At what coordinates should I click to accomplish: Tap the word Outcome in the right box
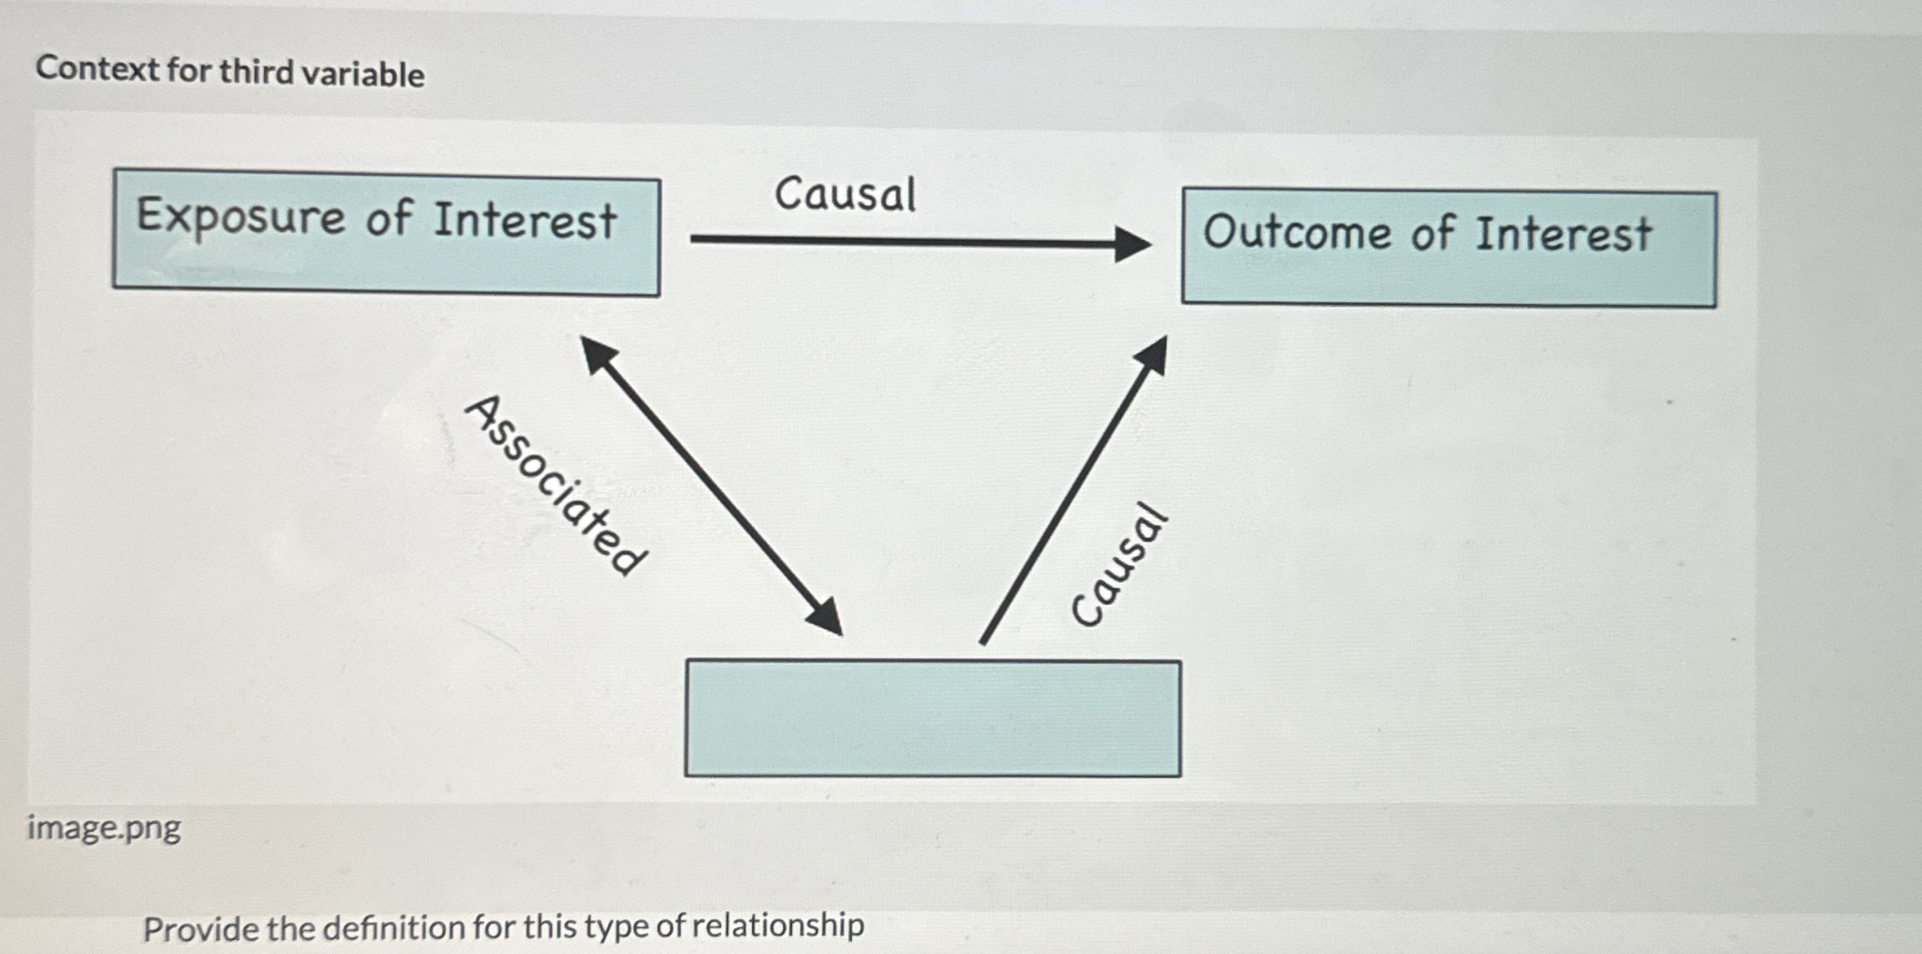(1298, 231)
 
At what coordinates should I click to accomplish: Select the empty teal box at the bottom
(932, 718)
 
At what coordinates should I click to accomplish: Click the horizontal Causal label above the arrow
(845, 194)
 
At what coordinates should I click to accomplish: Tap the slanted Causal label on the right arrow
(1118, 565)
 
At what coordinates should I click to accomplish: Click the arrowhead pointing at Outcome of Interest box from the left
(1131, 243)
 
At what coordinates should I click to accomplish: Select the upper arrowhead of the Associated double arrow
(599, 353)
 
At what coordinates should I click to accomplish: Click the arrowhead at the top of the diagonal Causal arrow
(1153, 353)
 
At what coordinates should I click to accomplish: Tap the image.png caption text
(104, 827)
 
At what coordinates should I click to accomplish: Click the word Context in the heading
(97, 68)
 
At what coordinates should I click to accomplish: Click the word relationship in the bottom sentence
(778, 925)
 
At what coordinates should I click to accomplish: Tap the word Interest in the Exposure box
(524, 220)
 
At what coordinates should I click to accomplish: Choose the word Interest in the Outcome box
(1562, 233)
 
